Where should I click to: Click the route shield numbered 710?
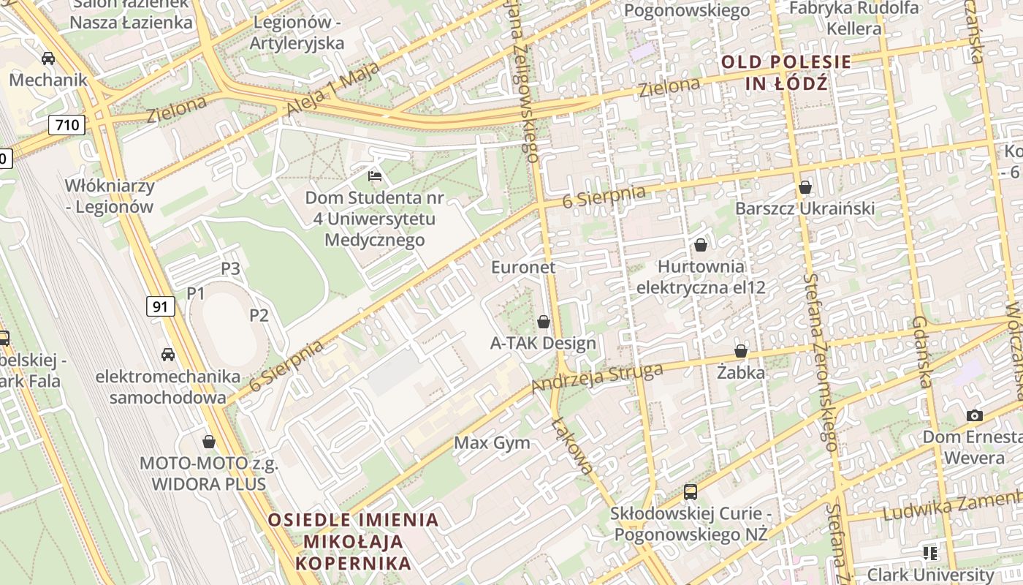point(67,125)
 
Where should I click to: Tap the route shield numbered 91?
point(161,306)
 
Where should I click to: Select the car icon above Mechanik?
point(48,58)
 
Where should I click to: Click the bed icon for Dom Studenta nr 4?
point(374,175)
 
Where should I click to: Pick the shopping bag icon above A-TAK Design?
point(544,322)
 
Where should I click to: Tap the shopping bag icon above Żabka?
point(741,352)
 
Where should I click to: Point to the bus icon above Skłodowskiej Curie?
point(691,492)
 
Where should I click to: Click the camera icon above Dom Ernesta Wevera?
point(974,416)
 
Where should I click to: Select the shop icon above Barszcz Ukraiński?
point(805,188)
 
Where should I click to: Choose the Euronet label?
point(523,268)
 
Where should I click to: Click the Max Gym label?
point(493,443)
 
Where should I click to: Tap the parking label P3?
point(231,269)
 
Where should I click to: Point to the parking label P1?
point(196,294)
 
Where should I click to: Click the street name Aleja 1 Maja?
point(333,88)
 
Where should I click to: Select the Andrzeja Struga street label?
point(597,377)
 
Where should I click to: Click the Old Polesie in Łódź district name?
point(786,72)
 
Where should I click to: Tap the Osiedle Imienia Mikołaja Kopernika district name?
point(354,542)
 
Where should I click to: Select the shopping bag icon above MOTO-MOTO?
point(209,442)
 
